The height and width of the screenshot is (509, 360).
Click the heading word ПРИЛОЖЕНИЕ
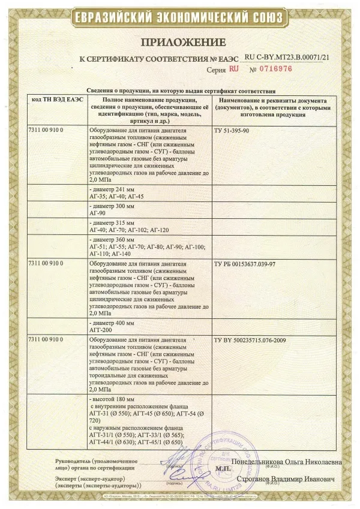pos(184,42)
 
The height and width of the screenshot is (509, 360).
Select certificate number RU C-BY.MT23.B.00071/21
pos(287,56)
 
